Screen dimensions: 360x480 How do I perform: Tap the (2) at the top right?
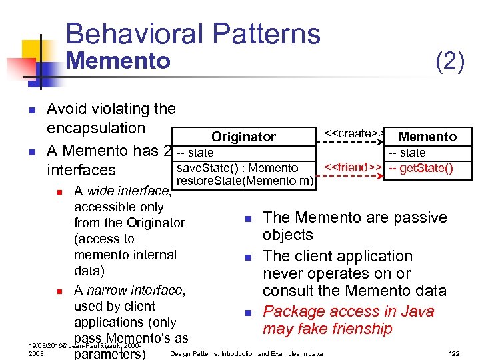(449, 63)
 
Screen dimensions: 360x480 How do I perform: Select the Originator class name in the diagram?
(243, 137)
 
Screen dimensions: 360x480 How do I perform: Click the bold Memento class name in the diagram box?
(427, 137)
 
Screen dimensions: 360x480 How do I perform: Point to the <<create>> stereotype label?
(353, 133)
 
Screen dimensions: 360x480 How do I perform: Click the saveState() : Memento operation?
(237, 167)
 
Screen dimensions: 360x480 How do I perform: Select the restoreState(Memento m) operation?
(245, 180)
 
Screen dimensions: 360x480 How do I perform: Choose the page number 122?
(454, 353)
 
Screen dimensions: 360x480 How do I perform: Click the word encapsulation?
(95, 128)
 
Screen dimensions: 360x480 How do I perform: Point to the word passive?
(421, 217)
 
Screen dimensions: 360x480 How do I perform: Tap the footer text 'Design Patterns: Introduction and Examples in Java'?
(247, 353)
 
